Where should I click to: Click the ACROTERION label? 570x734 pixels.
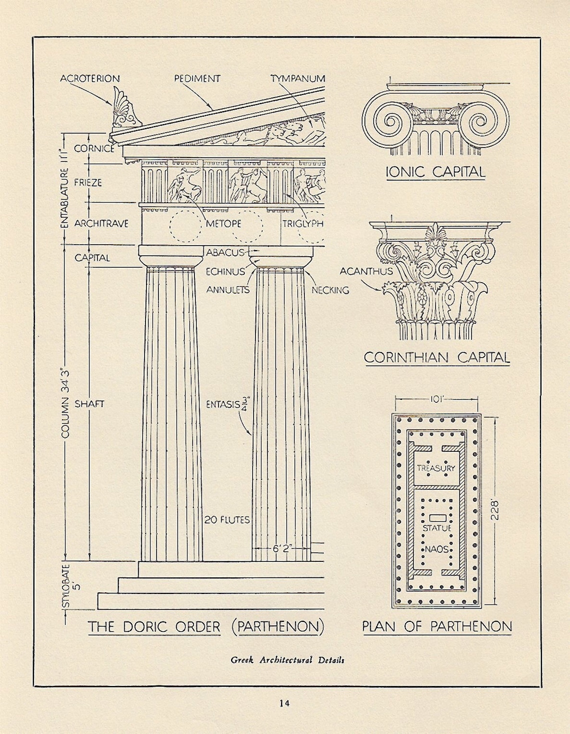pos(90,79)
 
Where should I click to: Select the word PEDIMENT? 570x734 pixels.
pos(197,79)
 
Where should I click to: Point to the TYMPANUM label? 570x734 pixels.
pos(298,79)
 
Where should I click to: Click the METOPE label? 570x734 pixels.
pos(223,224)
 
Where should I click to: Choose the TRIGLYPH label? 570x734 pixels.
pos(303,224)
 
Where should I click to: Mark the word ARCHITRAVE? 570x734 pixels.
pos(101,224)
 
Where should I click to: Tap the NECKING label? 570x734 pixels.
pos(330,290)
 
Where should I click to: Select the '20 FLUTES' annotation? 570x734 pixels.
pos(227,520)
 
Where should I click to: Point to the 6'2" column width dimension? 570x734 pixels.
pos(282,548)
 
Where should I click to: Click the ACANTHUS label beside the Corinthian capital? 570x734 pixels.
pos(366,272)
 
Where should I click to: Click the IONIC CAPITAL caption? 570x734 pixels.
pos(435,172)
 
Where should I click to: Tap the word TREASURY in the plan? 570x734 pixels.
pos(436,468)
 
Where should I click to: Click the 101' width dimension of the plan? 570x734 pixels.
pos(436,400)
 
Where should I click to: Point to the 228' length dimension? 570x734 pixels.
pos(494,511)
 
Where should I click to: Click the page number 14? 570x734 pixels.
pos(284,703)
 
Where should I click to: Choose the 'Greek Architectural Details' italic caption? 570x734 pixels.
pos(287,660)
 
